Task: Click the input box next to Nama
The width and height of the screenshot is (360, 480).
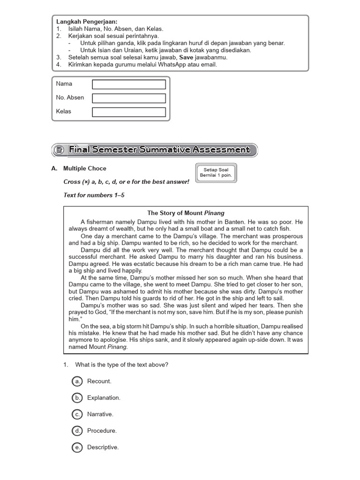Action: click(x=129, y=84)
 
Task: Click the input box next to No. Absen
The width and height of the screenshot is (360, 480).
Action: click(x=129, y=98)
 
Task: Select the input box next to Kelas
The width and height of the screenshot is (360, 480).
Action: click(x=129, y=112)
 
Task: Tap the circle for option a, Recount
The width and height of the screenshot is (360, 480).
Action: click(x=77, y=381)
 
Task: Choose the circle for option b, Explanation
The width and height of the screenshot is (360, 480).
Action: click(x=77, y=397)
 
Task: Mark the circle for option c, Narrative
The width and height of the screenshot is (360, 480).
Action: click(x=77, y=414)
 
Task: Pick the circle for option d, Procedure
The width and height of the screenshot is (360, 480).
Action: click(x=77, y=431)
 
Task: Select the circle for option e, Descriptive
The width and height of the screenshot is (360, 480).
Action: click(x=77, y=448)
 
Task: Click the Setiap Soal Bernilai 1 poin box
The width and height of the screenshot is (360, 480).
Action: click(x=216, y=172)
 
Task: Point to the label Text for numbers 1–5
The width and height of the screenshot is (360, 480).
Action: click(x=94, y=195)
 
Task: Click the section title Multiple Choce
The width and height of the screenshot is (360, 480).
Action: click(x=85, y=168)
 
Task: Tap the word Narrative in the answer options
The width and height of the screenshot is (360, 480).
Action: click(x=100, y=414)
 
